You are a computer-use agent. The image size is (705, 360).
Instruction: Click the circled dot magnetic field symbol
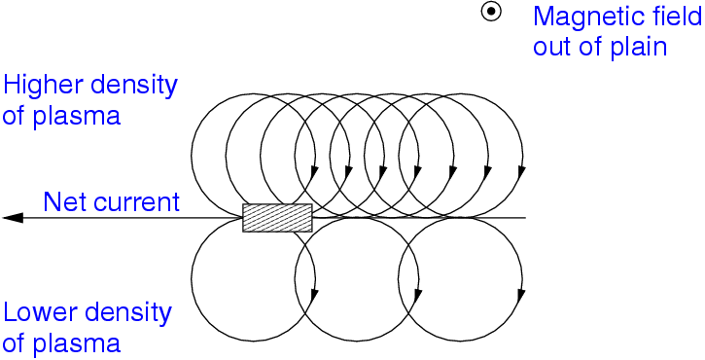[492, 13]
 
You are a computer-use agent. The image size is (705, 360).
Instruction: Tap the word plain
[640, 46]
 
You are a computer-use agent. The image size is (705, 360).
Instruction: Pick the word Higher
[38, 86]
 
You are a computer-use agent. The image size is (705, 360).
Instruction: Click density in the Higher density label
[129, 86]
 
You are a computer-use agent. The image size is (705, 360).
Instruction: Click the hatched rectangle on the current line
[277, 217]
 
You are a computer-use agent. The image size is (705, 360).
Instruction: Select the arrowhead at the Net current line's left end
[13, 217]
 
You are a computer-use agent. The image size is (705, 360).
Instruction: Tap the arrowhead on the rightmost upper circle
[520, 172]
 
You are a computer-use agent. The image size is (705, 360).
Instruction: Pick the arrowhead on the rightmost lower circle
[520, 294]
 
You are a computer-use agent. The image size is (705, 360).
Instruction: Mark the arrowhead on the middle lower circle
[417, 294]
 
